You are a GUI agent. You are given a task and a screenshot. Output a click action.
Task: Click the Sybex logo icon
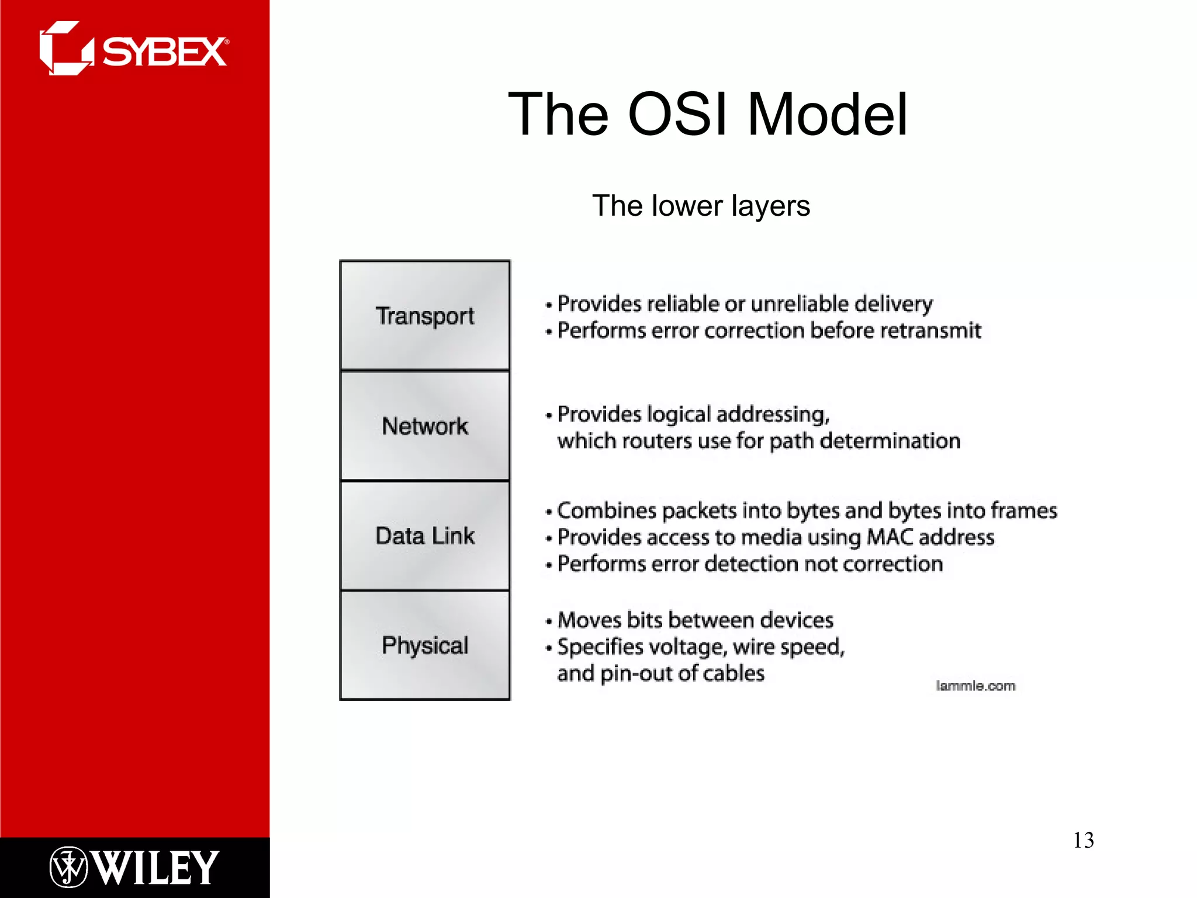tap(65, 49)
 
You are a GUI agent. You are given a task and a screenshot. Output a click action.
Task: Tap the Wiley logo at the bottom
tap(134, 867)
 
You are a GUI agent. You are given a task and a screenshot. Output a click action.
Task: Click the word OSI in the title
tap(678, 115)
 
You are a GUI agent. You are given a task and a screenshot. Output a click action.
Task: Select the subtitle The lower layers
tap(701, 206)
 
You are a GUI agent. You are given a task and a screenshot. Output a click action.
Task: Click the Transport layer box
tap(425, 316)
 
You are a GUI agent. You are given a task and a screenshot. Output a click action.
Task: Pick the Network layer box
tap(425, 426)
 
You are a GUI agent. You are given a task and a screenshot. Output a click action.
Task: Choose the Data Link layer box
tap(425, 536)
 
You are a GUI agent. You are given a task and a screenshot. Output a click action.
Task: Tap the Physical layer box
tap(425, 645)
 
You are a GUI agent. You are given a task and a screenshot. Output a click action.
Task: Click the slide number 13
tap(1083, 840)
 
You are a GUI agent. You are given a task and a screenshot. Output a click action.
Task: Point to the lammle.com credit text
tap(975, 686)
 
